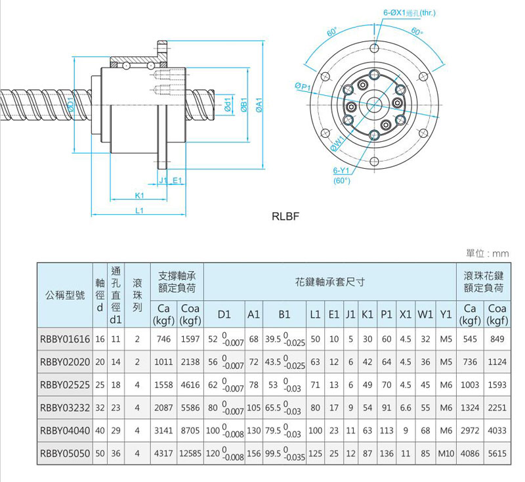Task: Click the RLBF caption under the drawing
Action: pos(285,216)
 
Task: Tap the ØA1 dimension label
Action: pos(260,106)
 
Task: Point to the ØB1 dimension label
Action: pos(244,106)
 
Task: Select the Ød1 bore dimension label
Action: pos(228,106)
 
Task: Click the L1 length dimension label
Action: pos(139,210)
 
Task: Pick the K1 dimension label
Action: pos(139,195)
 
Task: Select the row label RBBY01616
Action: pos(64,340)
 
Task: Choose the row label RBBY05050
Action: pos(64,452)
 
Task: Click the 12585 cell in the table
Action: pos(190,452)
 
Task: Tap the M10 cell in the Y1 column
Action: pos(446,452)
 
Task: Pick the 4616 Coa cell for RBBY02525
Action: pos(190,385)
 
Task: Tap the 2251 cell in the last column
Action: pos(497,407)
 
